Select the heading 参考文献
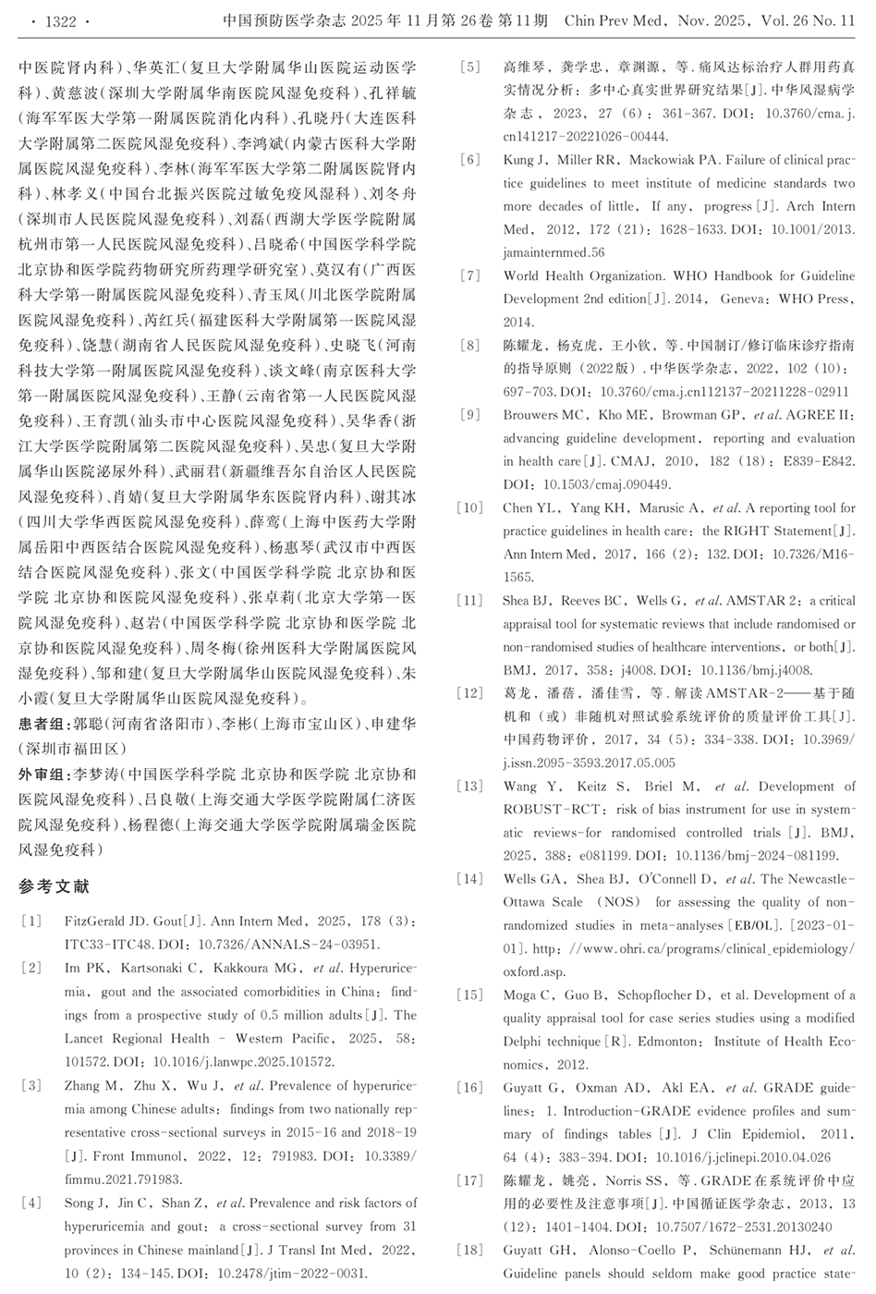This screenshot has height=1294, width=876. point(55,886)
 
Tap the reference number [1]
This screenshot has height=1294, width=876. point(31,922)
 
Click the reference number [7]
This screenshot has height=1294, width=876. point(470,275)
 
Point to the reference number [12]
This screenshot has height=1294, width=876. point(470,693)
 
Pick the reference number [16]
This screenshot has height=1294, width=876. point(470,1088)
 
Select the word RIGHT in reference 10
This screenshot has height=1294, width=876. point(745,531)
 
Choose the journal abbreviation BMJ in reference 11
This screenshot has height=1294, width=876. point(517,670)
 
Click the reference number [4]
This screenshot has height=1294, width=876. point(31,1203)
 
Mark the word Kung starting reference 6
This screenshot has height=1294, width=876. point(518,160)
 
